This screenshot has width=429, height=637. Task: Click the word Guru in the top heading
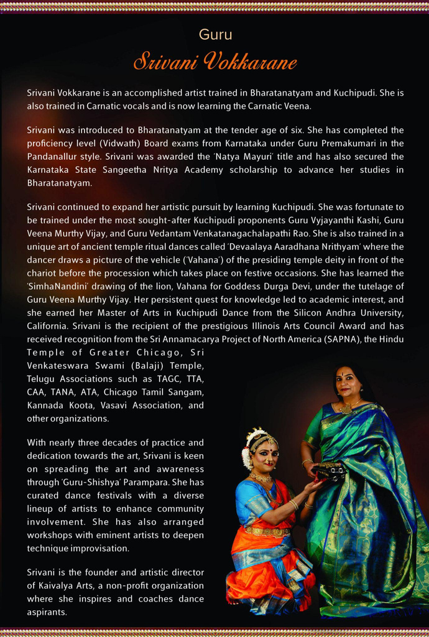tap(215, 35)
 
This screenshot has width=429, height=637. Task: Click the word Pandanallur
tap(56, 156)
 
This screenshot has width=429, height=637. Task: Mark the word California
tap(47, 325)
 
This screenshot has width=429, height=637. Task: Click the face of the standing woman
tap(346, 383)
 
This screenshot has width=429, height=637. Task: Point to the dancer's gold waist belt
tap(266, 531)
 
